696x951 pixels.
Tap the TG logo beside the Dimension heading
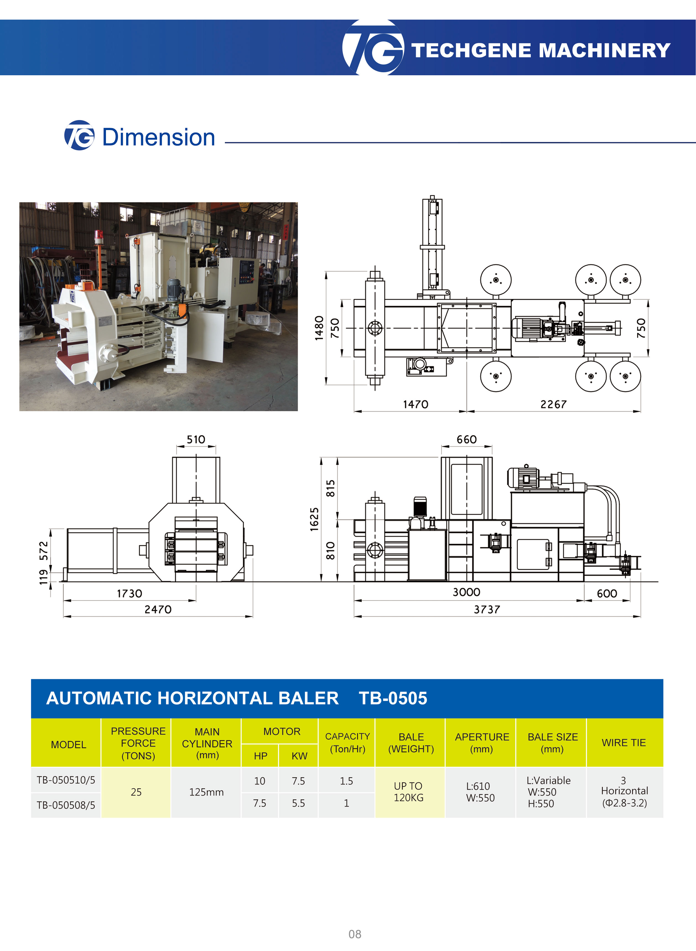click(79, 135)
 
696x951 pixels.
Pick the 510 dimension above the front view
click(196, 439)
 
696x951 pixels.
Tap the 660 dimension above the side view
click(466, 439)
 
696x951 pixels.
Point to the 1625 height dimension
click(314, 519)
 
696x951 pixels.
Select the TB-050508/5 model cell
click(66, 805)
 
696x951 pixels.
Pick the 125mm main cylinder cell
click(206, 792)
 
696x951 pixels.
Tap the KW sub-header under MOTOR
click(299, 756)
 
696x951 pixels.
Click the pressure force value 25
click(136, 792)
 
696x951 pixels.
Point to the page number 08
click(355, 934)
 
